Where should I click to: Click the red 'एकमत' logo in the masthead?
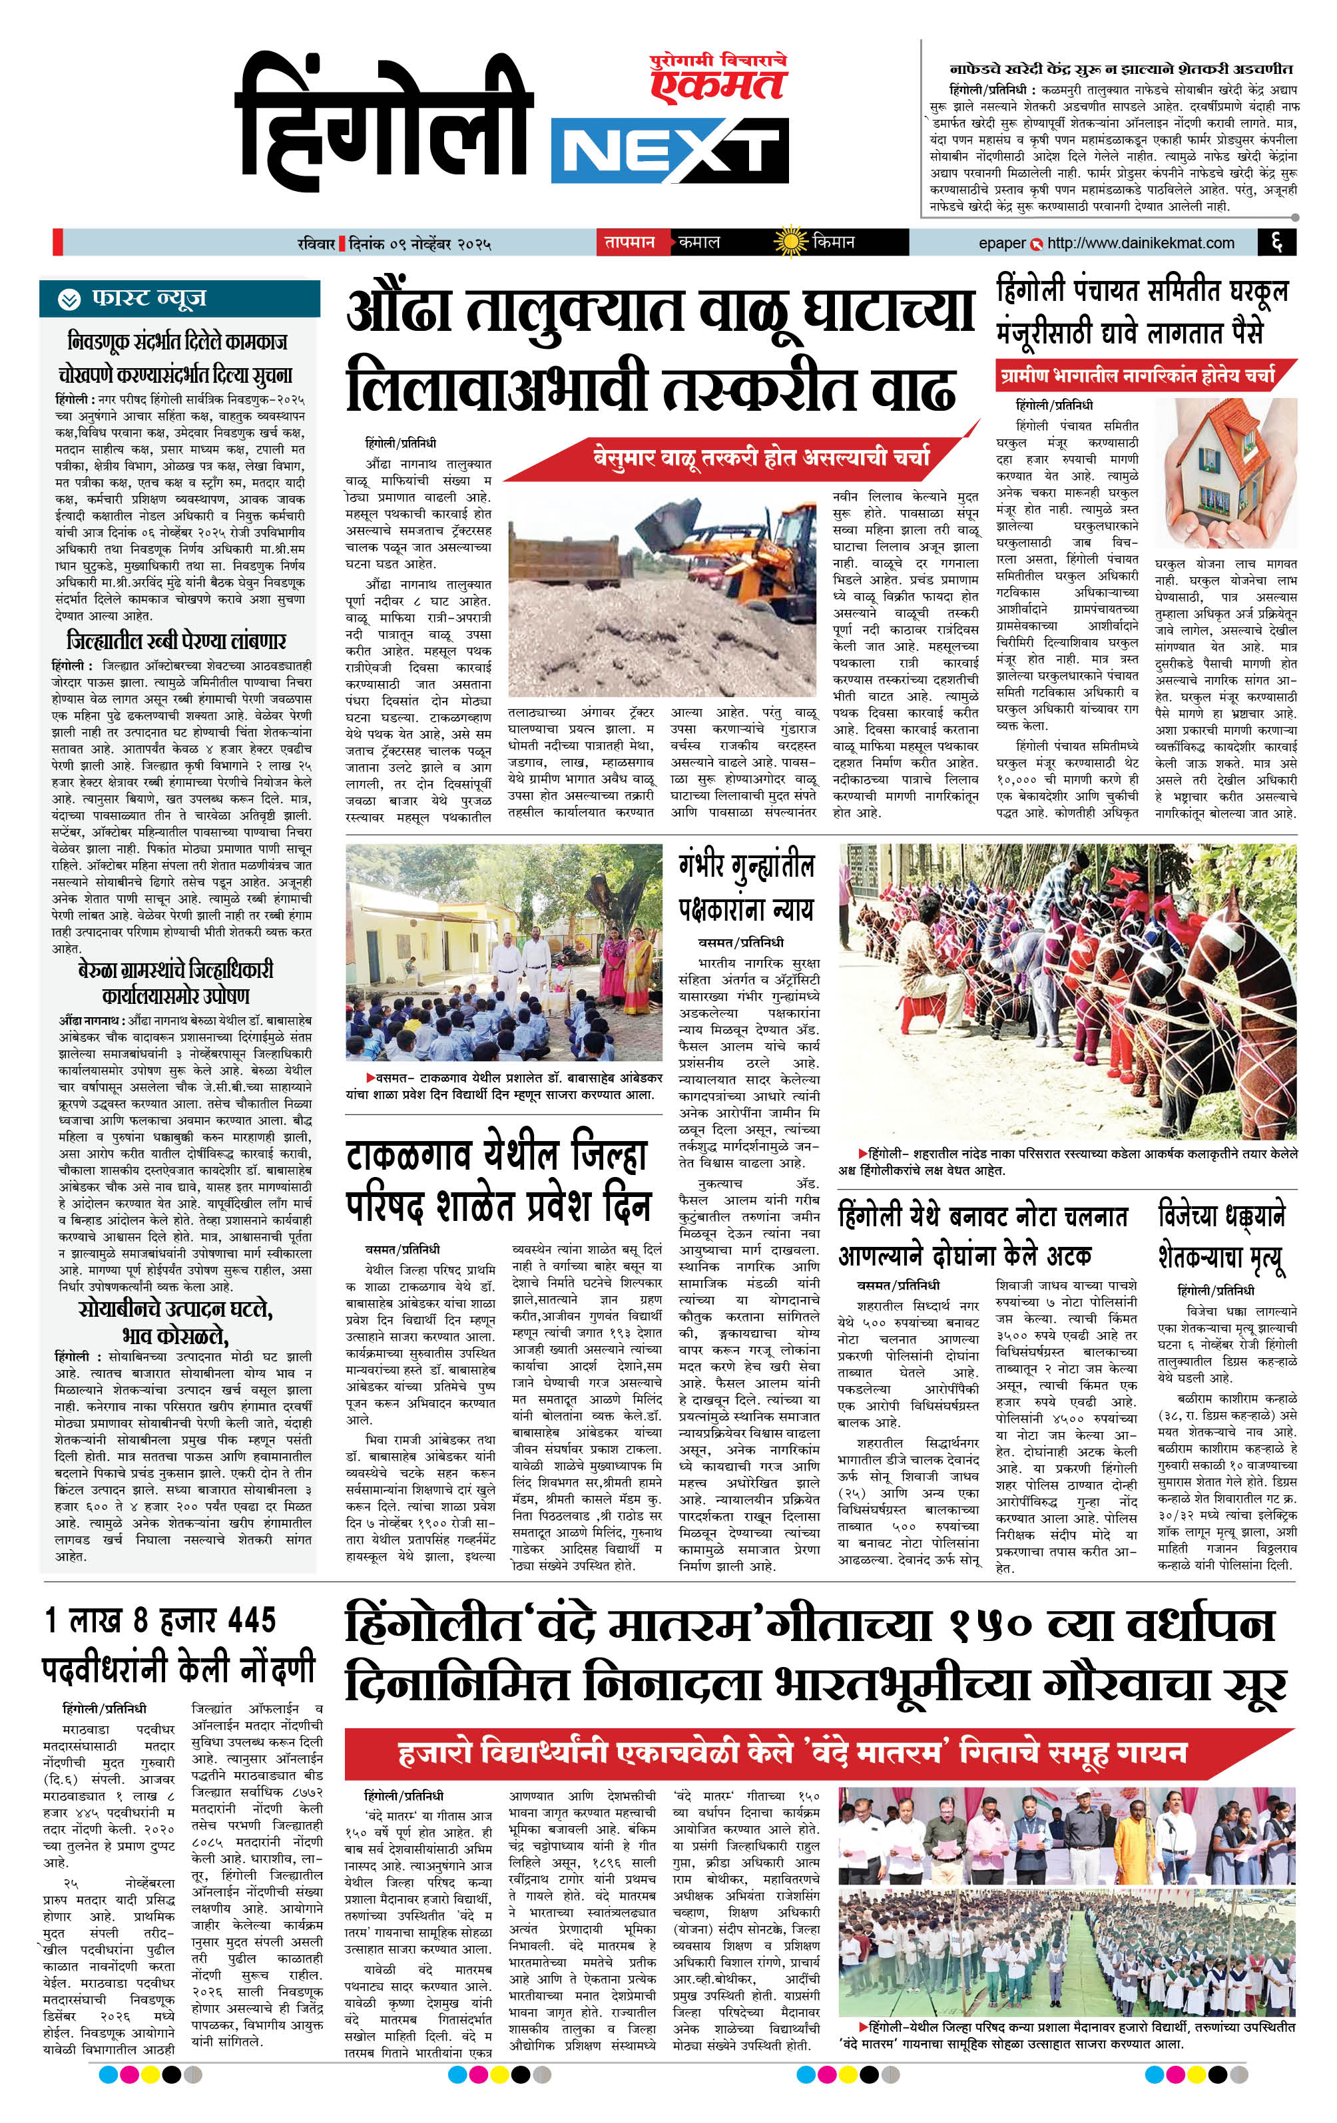point(717,85)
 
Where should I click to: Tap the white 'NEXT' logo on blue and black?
point(669,153)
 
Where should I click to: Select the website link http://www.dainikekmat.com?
point(1141,242)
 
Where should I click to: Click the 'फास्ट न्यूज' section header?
point(149,299)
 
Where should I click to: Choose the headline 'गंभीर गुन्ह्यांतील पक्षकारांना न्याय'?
point(745,887)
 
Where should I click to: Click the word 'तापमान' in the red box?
point(630,242)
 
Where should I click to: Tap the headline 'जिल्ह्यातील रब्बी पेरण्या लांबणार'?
point(176,641)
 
